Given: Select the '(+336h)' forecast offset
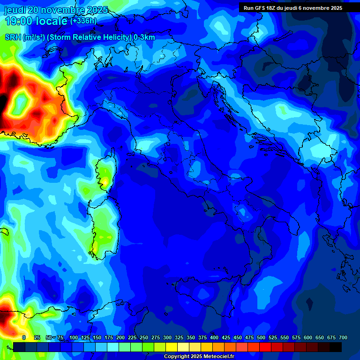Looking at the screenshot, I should click(83, 21).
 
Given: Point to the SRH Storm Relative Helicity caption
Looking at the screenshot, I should click(80, 37).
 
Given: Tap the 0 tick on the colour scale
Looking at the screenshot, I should click(24, 337).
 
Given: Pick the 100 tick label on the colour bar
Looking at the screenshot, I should click(74, 337).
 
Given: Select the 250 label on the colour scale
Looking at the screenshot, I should click(144, 337).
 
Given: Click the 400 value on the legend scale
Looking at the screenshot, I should click(214, 337).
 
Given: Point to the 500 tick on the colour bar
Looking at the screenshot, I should click(261, 337).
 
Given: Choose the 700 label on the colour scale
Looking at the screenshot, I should click(343, 337).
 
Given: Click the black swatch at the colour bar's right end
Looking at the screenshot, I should click(336, 347).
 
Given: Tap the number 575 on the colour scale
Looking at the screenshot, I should click(296, 337).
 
